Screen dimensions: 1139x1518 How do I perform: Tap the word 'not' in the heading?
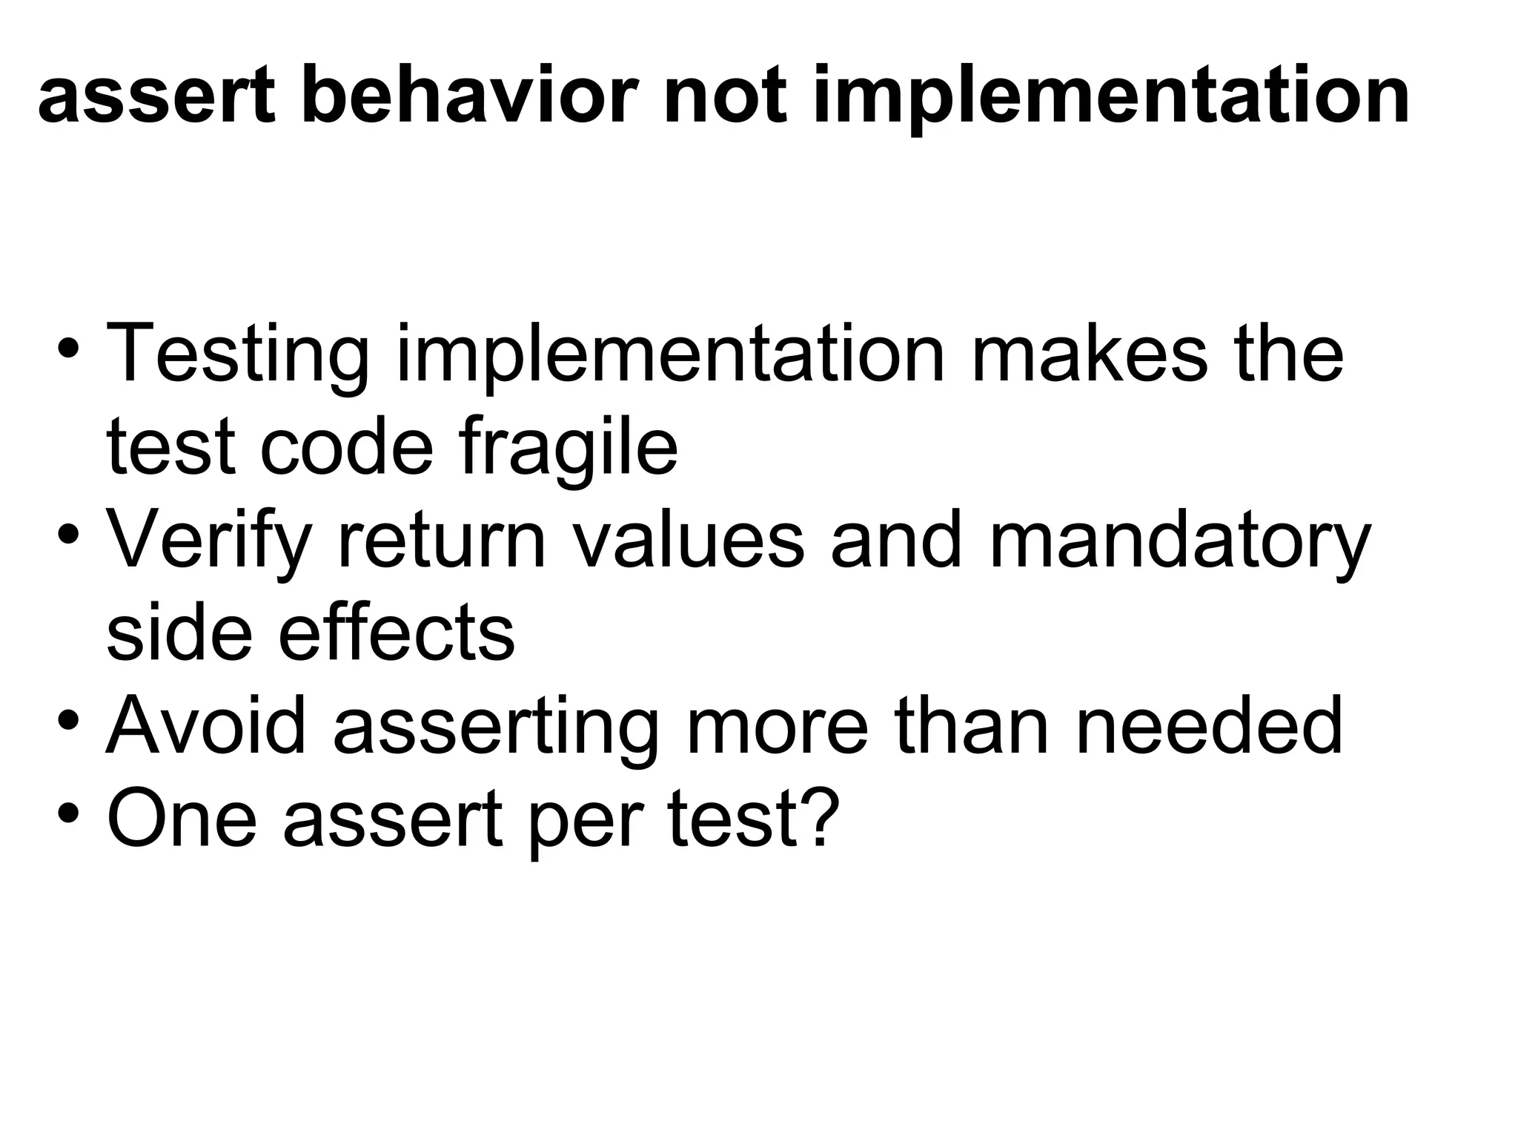pos(725,96)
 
